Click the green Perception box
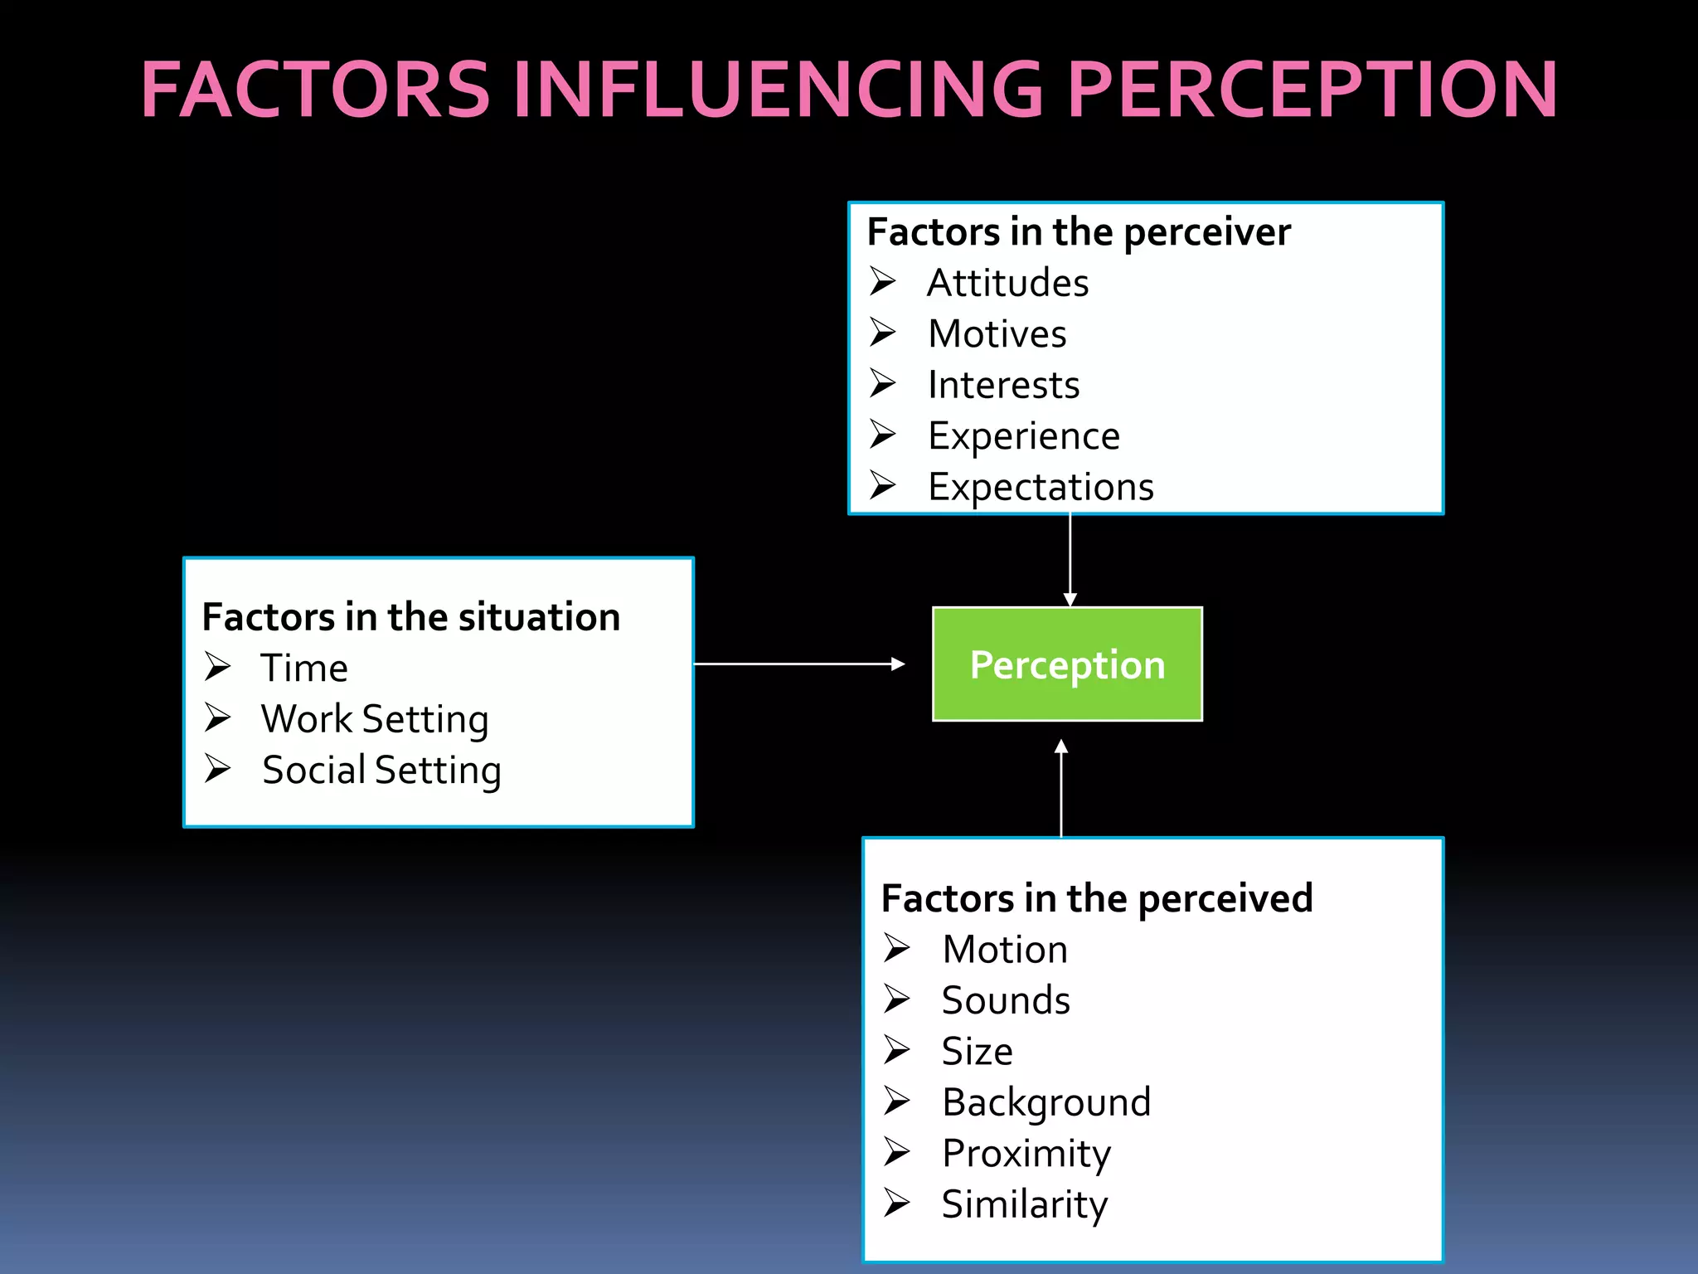point(1067,664)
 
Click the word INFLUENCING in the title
point(777,90)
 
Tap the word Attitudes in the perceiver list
point(1007,283)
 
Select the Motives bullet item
point(997,334)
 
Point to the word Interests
point(1003,385)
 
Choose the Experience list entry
point(1024,436)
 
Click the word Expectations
point(1041,487)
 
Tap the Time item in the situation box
point(304,669)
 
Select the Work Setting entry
point(375,719)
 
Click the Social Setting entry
point(381,771)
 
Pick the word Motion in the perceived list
point(1005,950)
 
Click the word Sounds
point(1006,1000)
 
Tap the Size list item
point(977,1052)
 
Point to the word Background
point(1046,1103)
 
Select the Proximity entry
point(1026,1154)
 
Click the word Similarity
point(1025,1204)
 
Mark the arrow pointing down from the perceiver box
point(1070,560)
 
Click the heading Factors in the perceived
point(1097,898)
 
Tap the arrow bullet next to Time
point(218,667)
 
